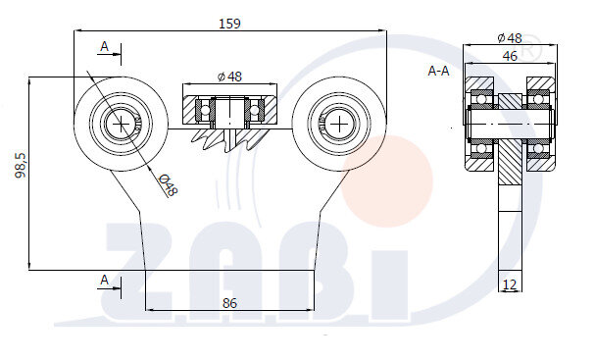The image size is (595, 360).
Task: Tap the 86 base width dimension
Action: [x=229, y=303]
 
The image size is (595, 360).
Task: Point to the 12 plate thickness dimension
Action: [x=510, y=283]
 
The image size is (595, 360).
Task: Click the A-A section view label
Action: [x=440, y=71]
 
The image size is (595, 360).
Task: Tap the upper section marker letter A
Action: [x=105, y=46]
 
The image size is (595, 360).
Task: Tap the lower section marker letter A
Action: [x=105, y=280]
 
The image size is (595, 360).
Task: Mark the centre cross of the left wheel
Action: [x=121, y=124]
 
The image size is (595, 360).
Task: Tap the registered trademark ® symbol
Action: [x=529, y=44]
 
